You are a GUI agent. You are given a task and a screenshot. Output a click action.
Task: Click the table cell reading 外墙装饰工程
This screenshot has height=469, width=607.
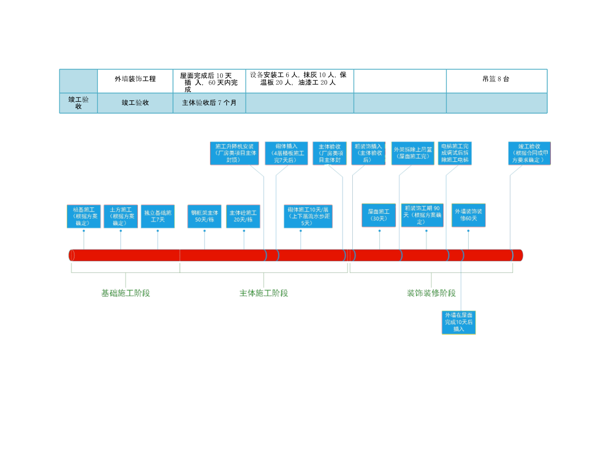coord(135,79)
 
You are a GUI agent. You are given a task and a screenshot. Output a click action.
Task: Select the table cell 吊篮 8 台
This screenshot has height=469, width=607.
coord(496,79)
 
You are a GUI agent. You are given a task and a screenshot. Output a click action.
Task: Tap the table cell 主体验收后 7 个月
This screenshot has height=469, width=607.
coord(209,103)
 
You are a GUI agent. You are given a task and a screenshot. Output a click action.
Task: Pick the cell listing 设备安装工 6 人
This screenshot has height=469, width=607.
coord(299,79)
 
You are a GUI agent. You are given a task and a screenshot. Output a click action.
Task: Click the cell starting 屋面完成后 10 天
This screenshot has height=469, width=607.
coord(209,81)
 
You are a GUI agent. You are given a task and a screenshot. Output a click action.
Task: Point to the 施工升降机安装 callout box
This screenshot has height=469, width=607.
coord(235,153)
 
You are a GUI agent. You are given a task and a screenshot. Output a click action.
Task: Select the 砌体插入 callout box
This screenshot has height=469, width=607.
coord(286,153)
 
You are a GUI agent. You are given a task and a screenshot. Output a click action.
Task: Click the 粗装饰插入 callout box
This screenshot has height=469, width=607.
coord(368,153)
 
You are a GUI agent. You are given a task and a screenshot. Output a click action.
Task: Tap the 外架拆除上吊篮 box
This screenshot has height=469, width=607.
coord(413,153)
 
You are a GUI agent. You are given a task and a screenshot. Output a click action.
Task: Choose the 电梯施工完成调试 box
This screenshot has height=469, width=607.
coord(455,153)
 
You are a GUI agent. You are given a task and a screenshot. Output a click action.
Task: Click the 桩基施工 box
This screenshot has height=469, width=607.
coord(84,216)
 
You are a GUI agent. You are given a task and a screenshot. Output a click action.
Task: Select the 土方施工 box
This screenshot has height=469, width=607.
coord(121,216)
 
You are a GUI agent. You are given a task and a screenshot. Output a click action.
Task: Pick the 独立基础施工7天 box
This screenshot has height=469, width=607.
coord(158,216)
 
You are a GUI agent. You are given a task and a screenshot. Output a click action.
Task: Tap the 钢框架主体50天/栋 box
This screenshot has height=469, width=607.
coord(205,216)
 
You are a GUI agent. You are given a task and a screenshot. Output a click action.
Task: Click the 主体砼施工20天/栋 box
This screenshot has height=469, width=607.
coord(243,216)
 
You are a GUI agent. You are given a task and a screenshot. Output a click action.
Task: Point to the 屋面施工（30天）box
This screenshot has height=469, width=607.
coord(379,215)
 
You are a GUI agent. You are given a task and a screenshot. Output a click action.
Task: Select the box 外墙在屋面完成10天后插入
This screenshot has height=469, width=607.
coord(458,322)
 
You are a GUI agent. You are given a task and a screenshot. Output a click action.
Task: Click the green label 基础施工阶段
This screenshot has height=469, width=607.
coord(126,293)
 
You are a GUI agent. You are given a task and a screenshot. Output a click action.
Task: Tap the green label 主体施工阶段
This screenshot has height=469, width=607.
coord(263,293)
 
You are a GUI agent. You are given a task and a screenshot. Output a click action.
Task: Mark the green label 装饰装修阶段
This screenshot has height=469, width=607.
coord(431,293)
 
